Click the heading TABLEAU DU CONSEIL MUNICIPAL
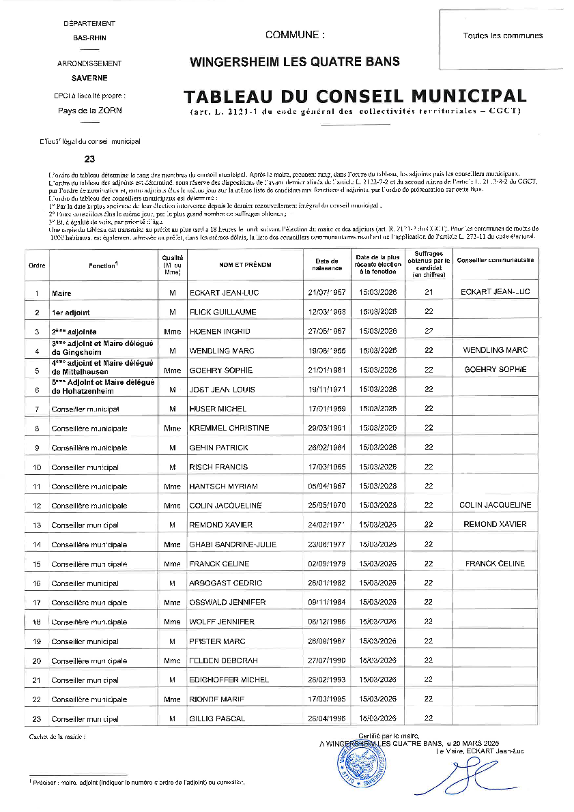click(x=355, y=96)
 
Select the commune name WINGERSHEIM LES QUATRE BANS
click(x=295, y=61)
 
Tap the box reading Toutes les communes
click(x=502, y=35)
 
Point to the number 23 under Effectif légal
click(x=89, y=159)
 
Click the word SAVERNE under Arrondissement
click(x=89, y=78)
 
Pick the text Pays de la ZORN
click(x=89, y=110)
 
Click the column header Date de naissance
click(x=326, y=264)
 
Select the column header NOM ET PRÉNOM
click(x=245, y=264)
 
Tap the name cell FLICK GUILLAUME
click(x=223, y=312)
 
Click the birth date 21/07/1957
click(x=326, y=293)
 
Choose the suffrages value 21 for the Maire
click(x=429, y=292)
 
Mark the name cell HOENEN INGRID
click(x=219, y=331)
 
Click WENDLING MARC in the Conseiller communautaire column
click(x=496, y=350)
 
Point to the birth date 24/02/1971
click(x=326, y=525)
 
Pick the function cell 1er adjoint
click(x=70, y=312)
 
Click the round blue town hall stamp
click(x=362, y=763)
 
